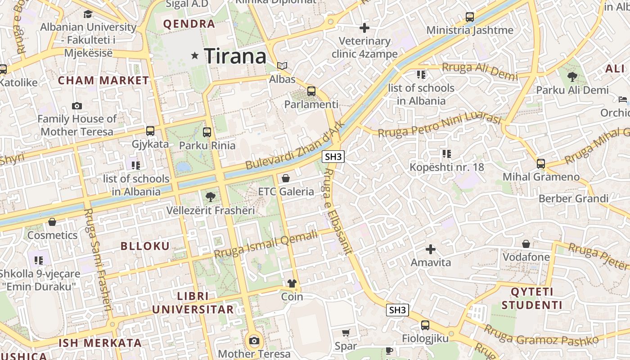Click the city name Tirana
235,56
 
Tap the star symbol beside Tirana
195,56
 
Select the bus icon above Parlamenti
311,91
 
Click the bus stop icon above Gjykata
150,131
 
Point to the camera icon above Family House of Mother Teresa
77,106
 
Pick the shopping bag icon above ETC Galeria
285,179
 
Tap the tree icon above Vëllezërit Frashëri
210,197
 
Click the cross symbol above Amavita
431,249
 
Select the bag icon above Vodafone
526,244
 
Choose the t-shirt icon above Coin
292,283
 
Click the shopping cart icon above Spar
346,333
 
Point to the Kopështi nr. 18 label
446,167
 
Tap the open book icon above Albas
282,66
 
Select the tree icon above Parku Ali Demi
572,76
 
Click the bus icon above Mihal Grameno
541,163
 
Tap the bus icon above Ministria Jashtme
470,17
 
